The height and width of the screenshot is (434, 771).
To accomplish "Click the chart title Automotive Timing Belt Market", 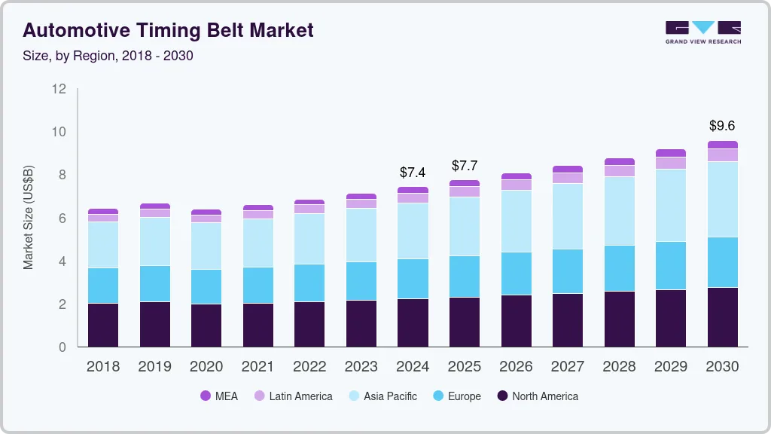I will coord(168,30).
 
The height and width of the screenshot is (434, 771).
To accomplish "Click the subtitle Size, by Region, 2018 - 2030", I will coord(108,56).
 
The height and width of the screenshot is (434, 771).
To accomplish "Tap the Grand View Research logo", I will coord(702,32).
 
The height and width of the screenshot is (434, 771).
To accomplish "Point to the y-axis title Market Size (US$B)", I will coord(29,217).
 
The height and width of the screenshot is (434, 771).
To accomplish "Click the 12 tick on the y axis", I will coord(59,89).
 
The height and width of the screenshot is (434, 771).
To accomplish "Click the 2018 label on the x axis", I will coord(102,367).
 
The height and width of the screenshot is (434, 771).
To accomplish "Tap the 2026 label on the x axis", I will coord(516,367).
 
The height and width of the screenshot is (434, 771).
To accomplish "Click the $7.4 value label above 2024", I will coord(413,173).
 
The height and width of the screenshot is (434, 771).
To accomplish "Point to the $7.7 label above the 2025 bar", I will coord(465,166).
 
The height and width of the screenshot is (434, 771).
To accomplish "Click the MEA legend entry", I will coord(218,396).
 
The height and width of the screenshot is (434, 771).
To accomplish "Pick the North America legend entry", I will coord(537,396).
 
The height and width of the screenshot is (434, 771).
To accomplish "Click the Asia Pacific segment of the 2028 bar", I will coord(620,211).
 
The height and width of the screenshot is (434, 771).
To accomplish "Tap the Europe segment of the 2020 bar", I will coord(206,286).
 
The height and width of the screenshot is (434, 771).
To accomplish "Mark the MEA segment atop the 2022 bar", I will coord(309,202).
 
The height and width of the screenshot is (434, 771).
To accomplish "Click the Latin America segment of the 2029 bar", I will coord(671,163).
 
